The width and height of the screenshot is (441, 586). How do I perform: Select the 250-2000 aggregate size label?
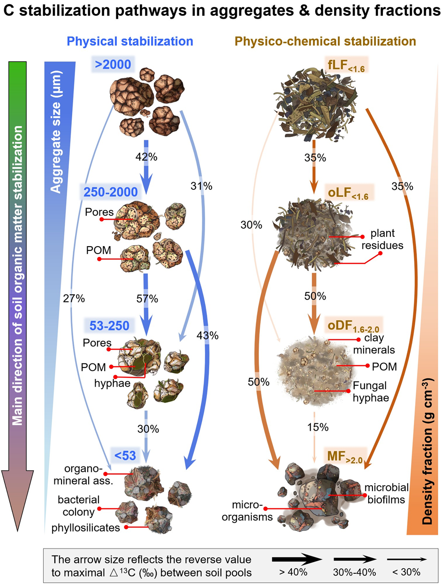click(110, 192)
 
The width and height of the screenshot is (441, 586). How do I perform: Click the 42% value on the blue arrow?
click(146, 158)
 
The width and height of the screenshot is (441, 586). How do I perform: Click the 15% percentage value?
click(314, 427)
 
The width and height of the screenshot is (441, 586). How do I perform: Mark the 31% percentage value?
click(202, 186)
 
